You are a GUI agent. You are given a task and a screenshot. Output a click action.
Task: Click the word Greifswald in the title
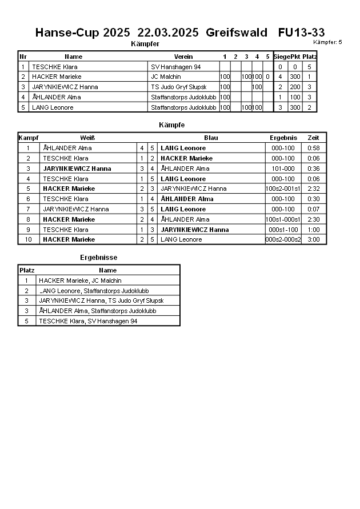(x=236, y=33)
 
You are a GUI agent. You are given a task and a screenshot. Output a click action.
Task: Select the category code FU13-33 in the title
(x=301, y=33)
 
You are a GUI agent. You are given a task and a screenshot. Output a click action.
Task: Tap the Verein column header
(x=183, y=57)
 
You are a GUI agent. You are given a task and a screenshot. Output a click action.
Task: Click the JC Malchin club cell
(x=166, y=77)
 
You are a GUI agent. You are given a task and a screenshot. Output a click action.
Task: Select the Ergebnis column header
(x=283, y=138)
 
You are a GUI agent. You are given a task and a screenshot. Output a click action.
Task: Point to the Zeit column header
(x=313, y=138)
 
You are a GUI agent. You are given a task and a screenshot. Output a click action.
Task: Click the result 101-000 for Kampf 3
(x=283, y=169)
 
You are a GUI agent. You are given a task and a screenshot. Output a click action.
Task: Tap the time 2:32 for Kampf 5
(x=313, y=189)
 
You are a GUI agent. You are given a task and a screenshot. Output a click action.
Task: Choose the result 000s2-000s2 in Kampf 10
(x=283, y=239)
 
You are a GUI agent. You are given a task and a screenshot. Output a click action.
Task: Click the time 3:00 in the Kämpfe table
(x=313, y=239)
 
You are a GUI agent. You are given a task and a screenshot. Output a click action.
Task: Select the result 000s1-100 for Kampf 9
(x=283, y=229)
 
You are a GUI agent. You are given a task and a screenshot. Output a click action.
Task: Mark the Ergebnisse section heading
(x=98, y=258)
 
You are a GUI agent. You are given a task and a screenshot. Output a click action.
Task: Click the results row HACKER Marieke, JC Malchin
(x=80, y=280)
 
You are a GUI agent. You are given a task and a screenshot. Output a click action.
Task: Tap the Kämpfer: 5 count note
(x=327, y=42)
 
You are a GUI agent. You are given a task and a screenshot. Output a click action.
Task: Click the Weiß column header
(x=87, y=138)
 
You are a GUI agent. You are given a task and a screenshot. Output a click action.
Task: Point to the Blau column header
(x=211, y=138)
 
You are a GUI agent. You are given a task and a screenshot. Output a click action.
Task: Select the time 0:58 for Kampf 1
(x=313, y=148)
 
